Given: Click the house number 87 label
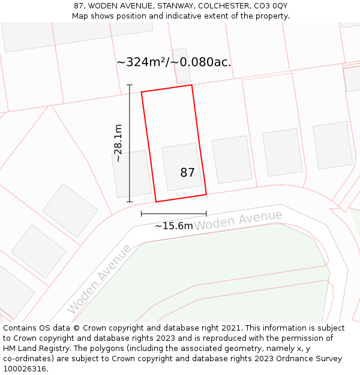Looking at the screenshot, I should (187, 173).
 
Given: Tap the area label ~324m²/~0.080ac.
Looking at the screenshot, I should (173, 62).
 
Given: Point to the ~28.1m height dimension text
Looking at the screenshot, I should (118, 143).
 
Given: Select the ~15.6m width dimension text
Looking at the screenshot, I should (174, 226).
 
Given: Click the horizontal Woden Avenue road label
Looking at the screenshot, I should (238, 220).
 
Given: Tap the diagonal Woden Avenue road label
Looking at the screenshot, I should (99, 278).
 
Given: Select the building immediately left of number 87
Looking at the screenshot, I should (132, 174).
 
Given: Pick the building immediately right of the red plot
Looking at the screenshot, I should (231, 159).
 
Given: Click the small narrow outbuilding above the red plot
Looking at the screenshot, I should (181, 66).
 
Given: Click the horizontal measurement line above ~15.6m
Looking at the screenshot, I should (173, 213).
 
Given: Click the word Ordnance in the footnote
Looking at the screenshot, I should (296, 359).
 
